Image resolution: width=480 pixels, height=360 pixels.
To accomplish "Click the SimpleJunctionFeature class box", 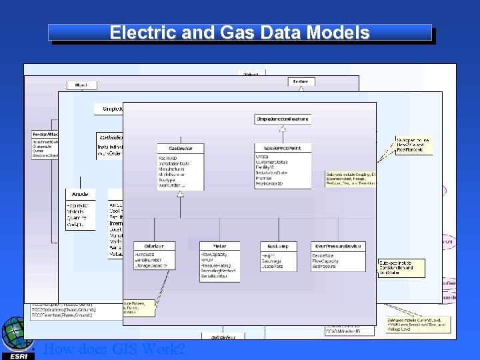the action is tap(282, 119).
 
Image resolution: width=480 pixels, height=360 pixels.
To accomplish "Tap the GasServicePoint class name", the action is tap(282, 147).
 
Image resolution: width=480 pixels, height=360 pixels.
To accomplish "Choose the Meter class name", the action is tap(219, 246).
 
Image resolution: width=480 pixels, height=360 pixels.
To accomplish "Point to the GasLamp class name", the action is tap(279, 246).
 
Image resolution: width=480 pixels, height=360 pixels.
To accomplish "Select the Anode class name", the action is tap(80, 194).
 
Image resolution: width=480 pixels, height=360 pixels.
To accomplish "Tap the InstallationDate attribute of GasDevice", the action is tap(174, 163).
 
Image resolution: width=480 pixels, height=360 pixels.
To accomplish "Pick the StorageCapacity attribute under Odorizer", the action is tap(151, 265).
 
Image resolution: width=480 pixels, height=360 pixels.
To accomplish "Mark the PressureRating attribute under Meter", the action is tap(216, 265).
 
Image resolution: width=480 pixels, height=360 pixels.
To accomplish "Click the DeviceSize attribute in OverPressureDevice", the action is tap(325, 255).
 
